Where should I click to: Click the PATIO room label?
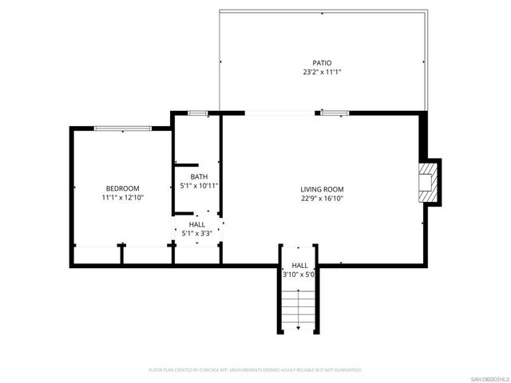322,62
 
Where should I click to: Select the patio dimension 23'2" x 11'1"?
322,72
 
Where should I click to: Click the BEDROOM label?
122,188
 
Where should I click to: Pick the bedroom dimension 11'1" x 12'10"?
122,197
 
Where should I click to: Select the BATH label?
199,176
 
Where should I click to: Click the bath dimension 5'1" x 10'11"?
199,186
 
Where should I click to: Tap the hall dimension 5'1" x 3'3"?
196,235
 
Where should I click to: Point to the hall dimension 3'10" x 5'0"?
300,274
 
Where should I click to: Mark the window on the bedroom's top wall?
121,128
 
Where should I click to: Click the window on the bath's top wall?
198,113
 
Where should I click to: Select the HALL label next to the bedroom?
196,225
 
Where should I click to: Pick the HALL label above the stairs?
299,265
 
